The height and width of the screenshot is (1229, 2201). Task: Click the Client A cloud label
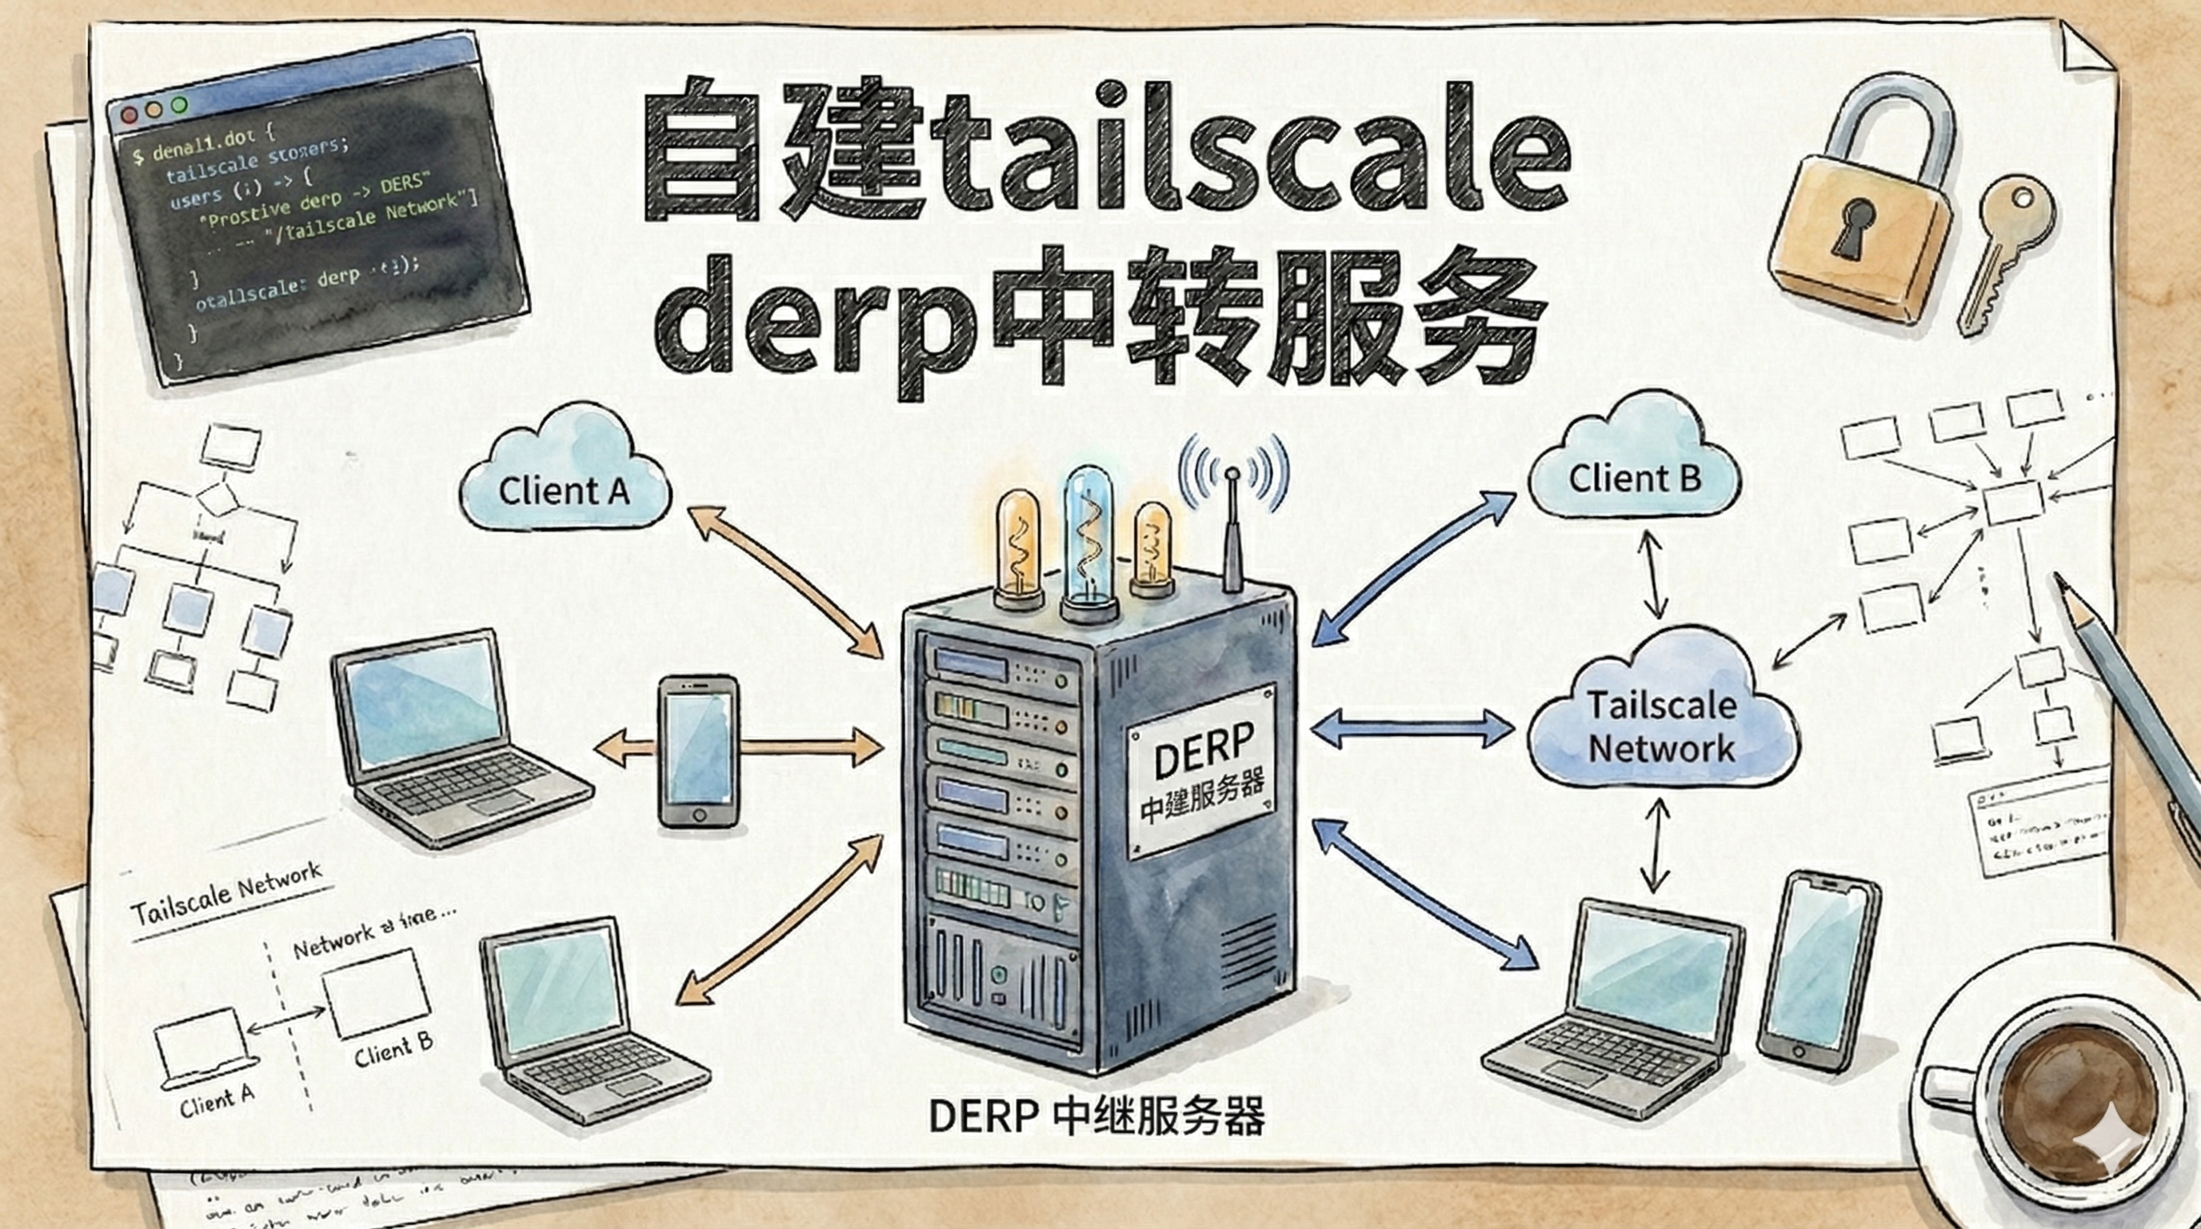pyautogui.click(x=564, y=490)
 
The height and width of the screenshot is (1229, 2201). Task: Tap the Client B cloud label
pyautogui.click(x=1634, y=478)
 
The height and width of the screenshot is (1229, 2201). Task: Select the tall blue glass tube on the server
pyautogui.click(x=1090, y=538)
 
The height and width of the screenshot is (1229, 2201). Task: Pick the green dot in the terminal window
pyautogui.click(x=178, y=105)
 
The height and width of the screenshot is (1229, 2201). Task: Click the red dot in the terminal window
pyautogui.click(x=129, y=114)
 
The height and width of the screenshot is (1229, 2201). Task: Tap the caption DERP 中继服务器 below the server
pyautogui.click(x=1097, y=1116)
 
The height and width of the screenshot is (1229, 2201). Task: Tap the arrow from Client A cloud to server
pyautogui.click(x=785, y=581)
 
